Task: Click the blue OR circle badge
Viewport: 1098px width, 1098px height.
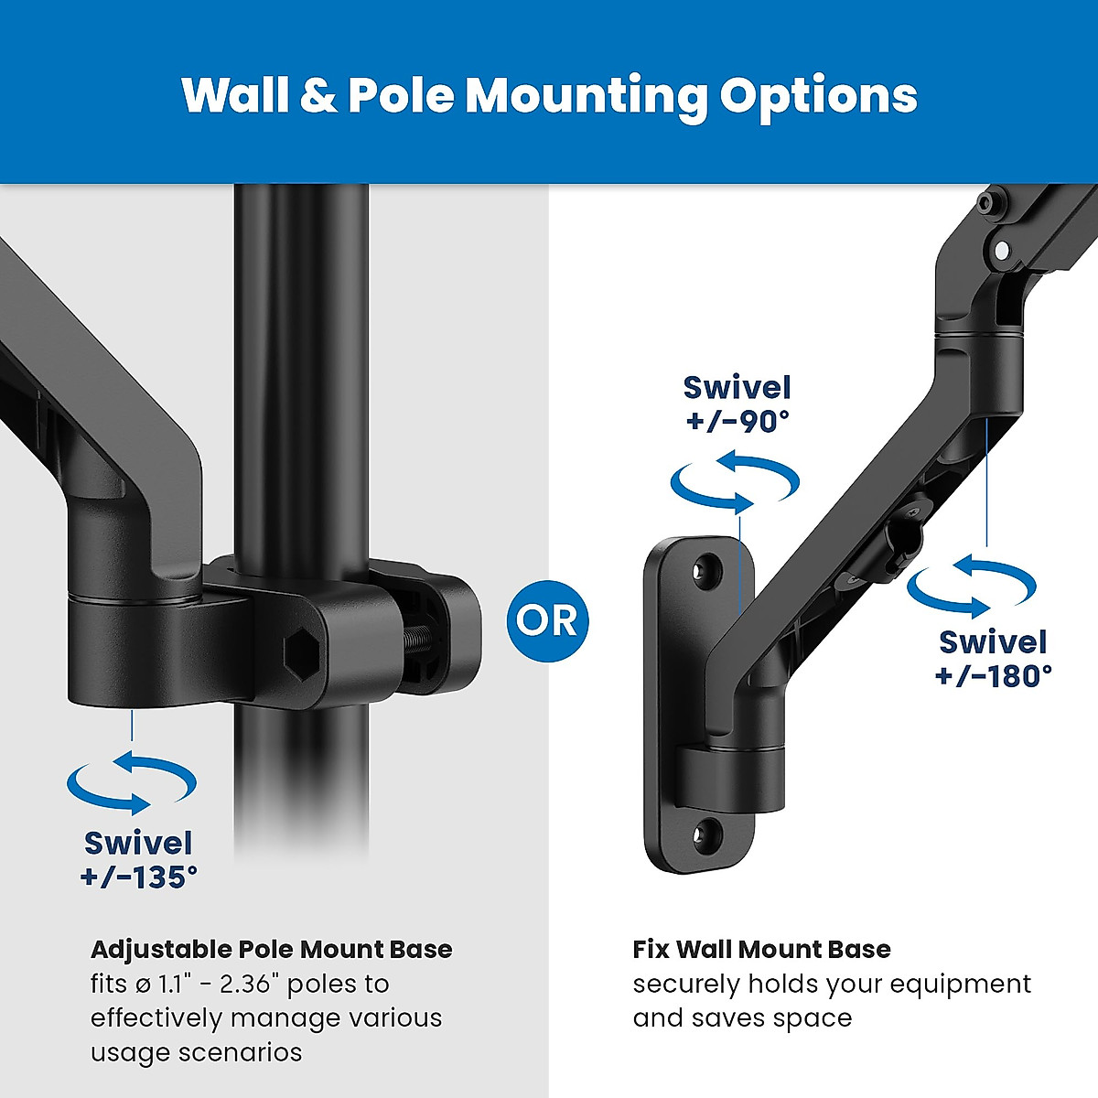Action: pyautogui.click(x=546, y=621)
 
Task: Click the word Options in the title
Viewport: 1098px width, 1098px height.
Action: pyautogui.click(x=818, y=96)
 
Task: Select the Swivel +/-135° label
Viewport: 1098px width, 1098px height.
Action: pyautogui.click(x=138, y=859)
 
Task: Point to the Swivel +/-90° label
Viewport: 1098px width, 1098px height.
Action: pyautogui.click(x=737, y=404)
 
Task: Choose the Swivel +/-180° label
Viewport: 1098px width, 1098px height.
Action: pyautogui.click(x=993, y=659)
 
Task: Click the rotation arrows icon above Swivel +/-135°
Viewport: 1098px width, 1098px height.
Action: pyautogui.click(x=132, y=783)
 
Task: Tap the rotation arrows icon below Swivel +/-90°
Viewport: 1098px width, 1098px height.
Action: pyautogui.click(x=735, y=482)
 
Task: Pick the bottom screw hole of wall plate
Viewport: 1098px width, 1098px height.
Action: pyautogui.click(x=705, y=832)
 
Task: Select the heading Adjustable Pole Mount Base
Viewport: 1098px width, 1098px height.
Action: pyautogui.click(x=271, y=950)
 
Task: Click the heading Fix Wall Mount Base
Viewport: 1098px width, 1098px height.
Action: pyautogui.click(x=761, y=950)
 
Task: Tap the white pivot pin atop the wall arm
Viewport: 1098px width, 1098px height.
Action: pyautogui.click(x=1001, y=250)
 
